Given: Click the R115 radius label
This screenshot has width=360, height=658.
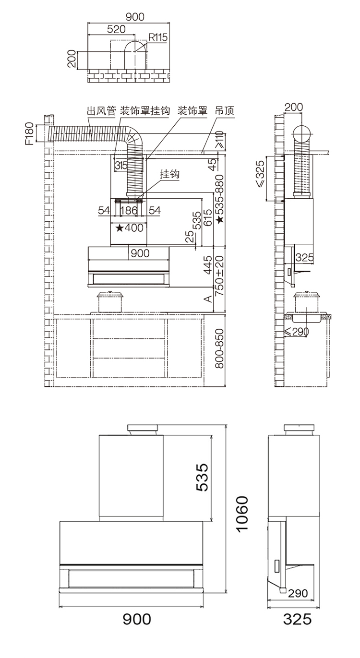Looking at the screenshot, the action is pyautogui.click(x=158, y=37).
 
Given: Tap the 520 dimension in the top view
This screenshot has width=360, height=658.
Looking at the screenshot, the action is pyautogui.click(x=116, y=29).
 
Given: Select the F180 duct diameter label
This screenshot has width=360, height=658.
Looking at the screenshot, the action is pyautogui.click(x=30, y=133).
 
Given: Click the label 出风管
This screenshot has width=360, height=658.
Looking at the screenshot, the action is pyautogui.click(x=101, y=111).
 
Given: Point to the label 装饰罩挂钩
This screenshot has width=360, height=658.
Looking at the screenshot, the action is pyautogui.click(x=145, y=111).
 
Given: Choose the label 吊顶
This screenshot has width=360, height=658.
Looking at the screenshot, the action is pyautogui.click(x=225, y=111).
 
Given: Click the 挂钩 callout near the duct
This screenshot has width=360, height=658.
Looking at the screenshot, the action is pyautogui.click(x=169, y=174).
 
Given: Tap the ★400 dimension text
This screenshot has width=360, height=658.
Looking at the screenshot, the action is pyautogui.click(x=130, y=228).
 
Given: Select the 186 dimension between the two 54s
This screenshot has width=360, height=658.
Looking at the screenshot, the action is pyautogui.click(x=129, y=210).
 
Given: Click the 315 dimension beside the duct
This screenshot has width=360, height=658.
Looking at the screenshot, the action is pyautogui.click(x=121, y=166).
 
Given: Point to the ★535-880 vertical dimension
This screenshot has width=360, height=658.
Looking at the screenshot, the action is pyautogui.click(x=219, y=199).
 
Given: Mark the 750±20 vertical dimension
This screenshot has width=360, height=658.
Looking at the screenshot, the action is pyautogui.click(x=219, y=275).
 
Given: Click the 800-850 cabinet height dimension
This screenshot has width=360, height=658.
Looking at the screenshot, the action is pyautogui.click(x=219, y=348).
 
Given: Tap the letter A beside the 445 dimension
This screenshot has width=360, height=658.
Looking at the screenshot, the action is pyautogui.click(x=208, y=299).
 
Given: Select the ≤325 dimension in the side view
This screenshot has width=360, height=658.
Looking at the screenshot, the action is pyautogui.click(x=260, y=174).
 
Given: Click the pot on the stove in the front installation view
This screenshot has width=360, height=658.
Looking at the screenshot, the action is pyautogui.click(x=110, y=302).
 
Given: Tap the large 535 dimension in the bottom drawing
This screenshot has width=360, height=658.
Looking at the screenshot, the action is pyautogui.click(x=202, y=477).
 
